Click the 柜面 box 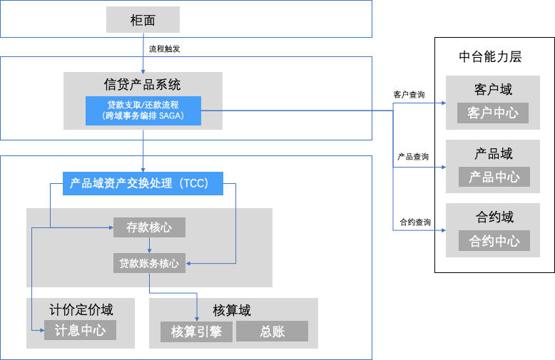click(x=143, y=20)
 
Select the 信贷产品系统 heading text click(x=143, y=83)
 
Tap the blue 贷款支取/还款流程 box click(x=143, y=110)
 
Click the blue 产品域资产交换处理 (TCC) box click(x=143, y=183)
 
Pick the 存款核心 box click(x=149, y=227)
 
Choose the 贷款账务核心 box click(x=149, y=263)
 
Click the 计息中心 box click(x=80, y=330)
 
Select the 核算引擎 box click(x=196, y=331)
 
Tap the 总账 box click(x=272, y=331)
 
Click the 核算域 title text click(x=232, y=310)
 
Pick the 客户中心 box click(x=494, y=113)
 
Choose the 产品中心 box click(x=494, y=177)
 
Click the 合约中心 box click(x=494, y=241)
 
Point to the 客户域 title click(x=493, y=90)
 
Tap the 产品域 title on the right click(x=493, y=154)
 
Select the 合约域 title click(x=493, y=217)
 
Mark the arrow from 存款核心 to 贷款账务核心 click(x=149, y=246)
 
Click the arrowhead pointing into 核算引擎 click(x=197, y=317)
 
